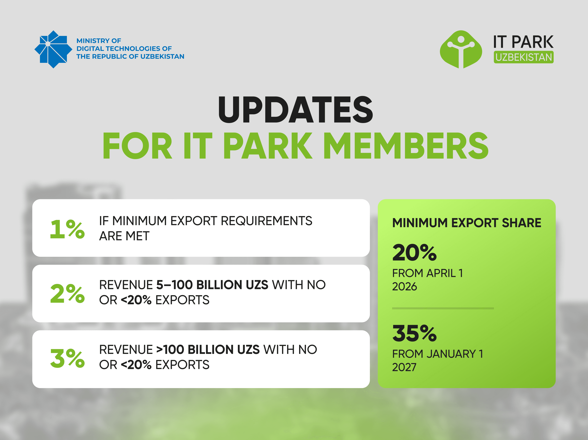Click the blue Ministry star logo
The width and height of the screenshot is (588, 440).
(x=53, y=49)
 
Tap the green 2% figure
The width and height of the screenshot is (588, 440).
(x=67, y=293)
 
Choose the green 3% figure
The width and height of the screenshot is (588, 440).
(x=67, y=359)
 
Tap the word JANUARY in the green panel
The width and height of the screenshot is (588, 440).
(x=451, y=354)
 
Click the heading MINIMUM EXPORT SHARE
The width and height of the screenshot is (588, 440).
(x=467, y=223)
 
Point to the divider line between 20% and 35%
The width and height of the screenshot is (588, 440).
(x=443, y=308)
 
